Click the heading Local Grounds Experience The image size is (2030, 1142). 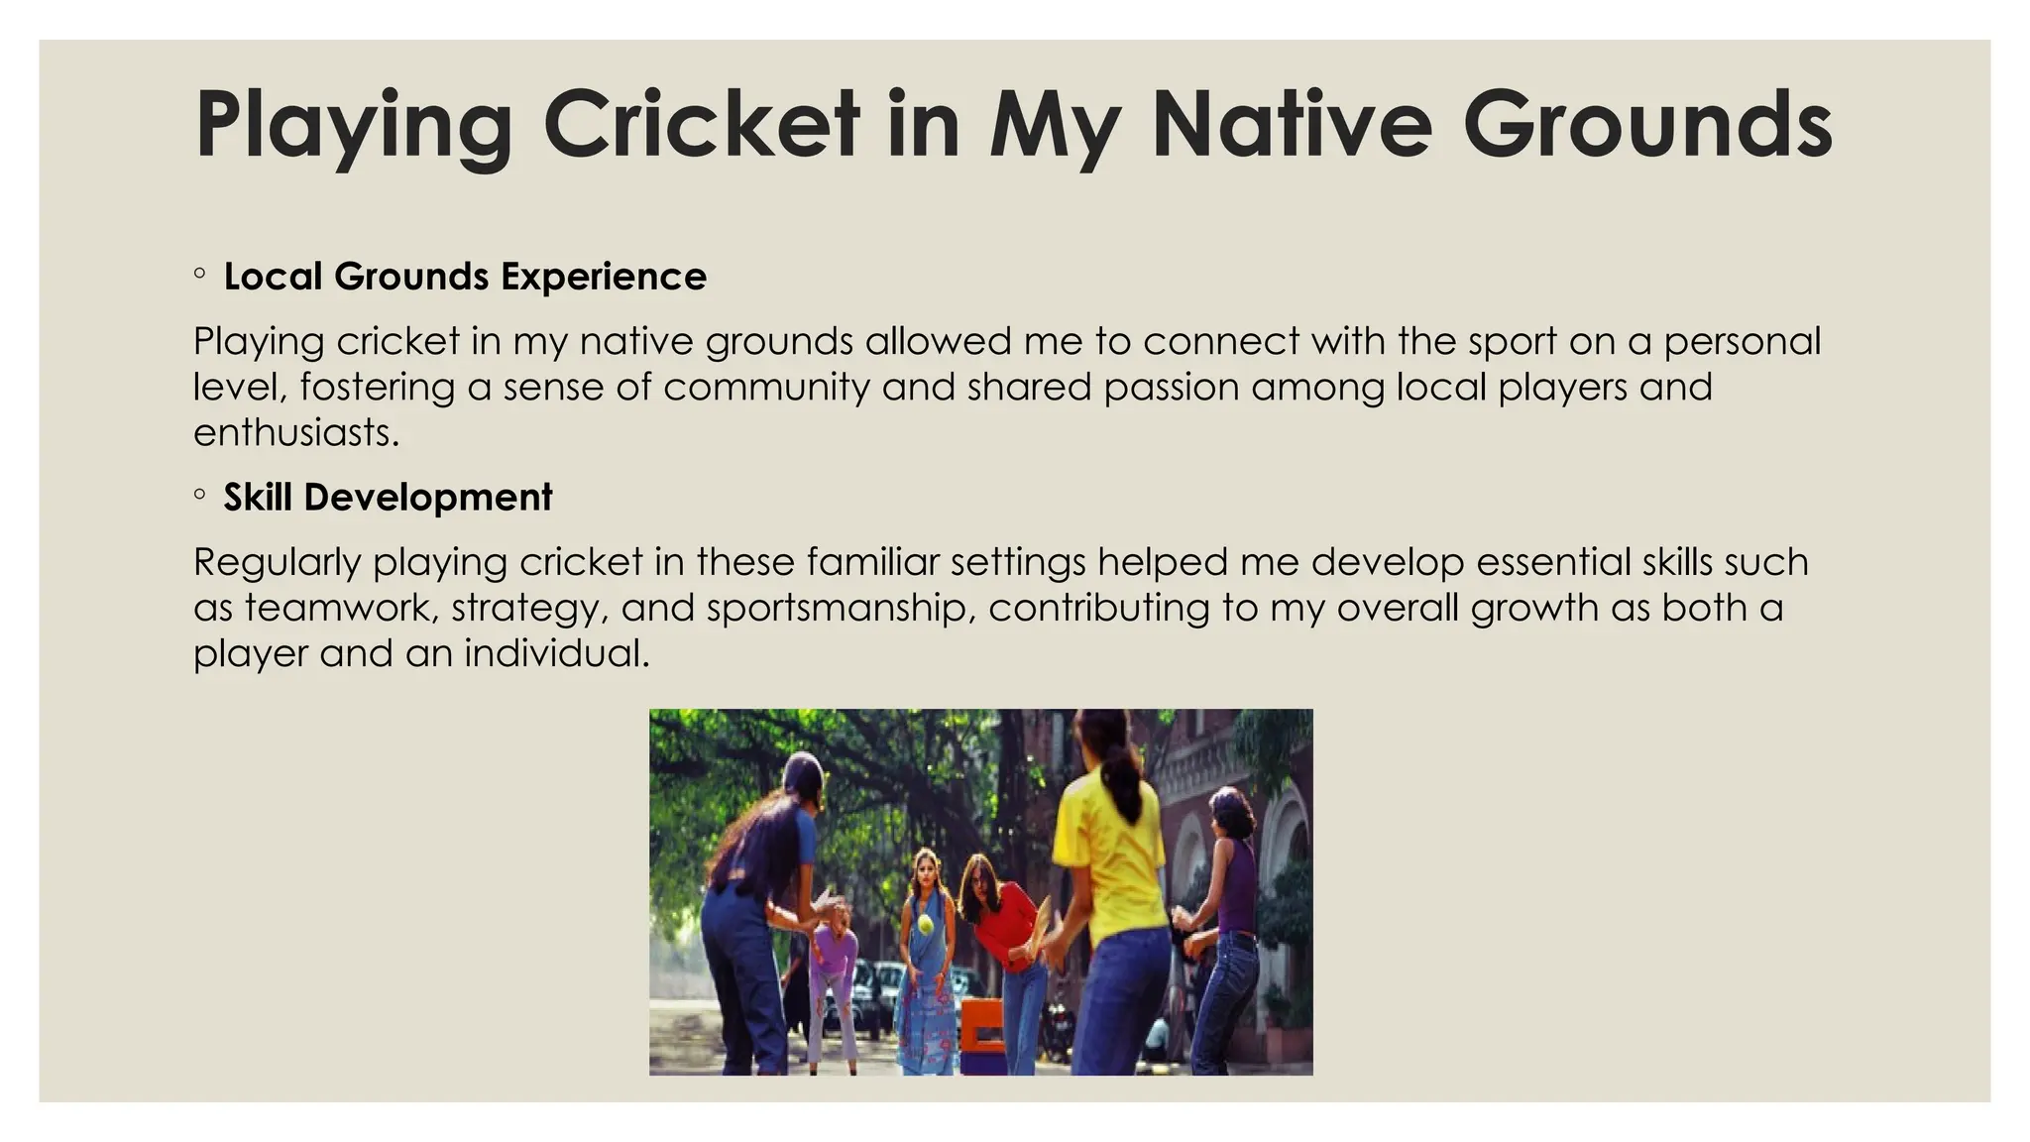click(x=465, y=277)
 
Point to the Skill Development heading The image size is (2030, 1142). click(x=388, y=498)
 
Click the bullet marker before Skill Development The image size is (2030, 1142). click(x=200, y=494)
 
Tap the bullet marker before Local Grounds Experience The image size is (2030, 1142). click(x=200, y=273)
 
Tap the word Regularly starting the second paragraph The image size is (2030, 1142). click(x=278, y=563)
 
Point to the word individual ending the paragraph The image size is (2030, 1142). click(x=555, y=653)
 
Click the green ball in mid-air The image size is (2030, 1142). click(x=926, y=924)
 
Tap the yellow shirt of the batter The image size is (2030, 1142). click(x=1107, y=843)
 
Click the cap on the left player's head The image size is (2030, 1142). click(x=803, y=768)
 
